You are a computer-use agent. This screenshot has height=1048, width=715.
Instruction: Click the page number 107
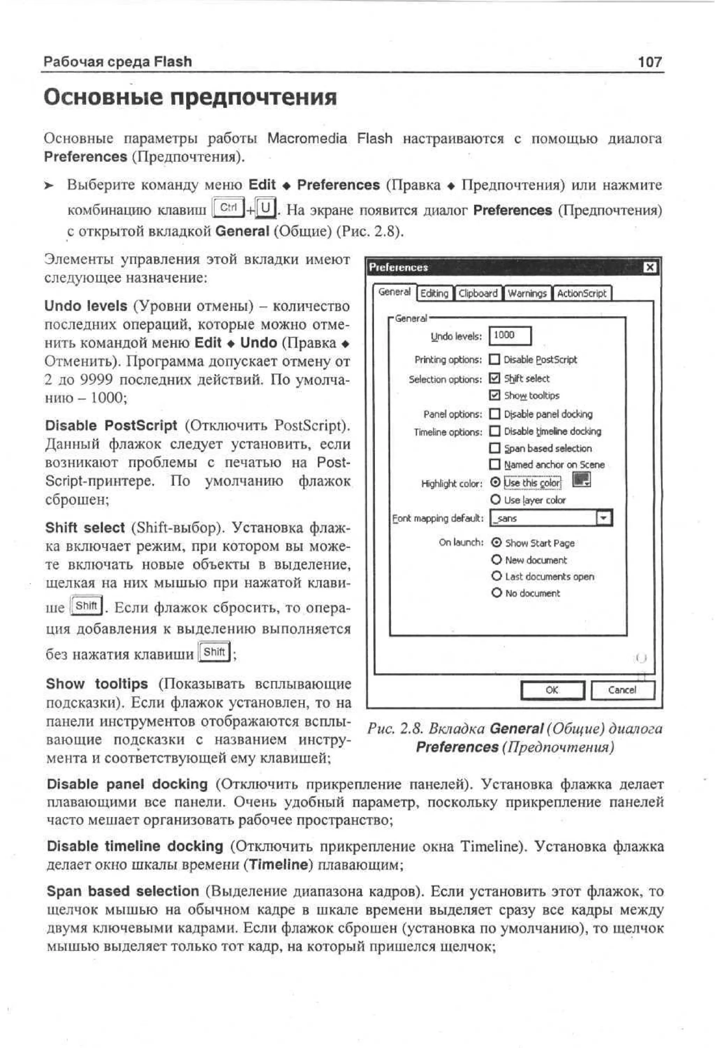click(650, 61)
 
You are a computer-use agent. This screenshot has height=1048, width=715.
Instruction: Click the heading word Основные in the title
click(103, 97)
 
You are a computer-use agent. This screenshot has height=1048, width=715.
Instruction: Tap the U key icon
click(266, 208)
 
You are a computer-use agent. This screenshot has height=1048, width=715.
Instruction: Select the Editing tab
click(434, 293)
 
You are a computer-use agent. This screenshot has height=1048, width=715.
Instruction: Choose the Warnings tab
click(526, 293)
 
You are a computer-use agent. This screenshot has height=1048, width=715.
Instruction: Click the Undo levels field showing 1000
click(510, 335)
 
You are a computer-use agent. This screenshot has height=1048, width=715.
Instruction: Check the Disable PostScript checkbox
click(495, 359)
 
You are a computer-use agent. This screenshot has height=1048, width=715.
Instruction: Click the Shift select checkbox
click(495, 378)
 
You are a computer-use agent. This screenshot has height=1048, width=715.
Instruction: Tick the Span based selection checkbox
click(495, 448)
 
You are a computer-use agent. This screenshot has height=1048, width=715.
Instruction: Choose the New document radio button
click(496, 560)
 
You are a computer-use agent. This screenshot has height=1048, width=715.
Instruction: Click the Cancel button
click(622, 690)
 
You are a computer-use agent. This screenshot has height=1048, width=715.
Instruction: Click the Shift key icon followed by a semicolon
click(214, 652)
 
